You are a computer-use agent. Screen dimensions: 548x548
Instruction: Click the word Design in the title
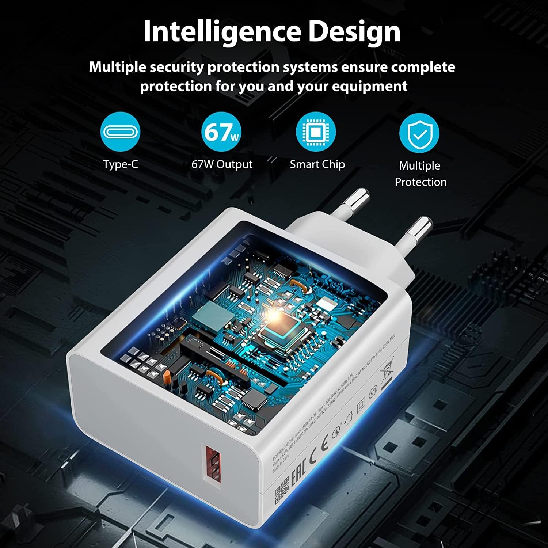click(x=354, y=32)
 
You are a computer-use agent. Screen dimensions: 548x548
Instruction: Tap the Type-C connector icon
click(x=120, y=132)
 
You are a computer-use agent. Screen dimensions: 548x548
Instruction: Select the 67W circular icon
click(x=221, y=132)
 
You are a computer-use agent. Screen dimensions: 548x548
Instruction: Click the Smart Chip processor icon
click(x=316, y=132)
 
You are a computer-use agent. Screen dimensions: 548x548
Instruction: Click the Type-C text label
click(x=120, y=164)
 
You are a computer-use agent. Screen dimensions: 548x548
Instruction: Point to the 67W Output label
click(x=222, y=164)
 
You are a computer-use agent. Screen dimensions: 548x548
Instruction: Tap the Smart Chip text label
click(x=317, y=164)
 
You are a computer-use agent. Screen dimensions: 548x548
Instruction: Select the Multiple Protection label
click(x=420, y=174)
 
